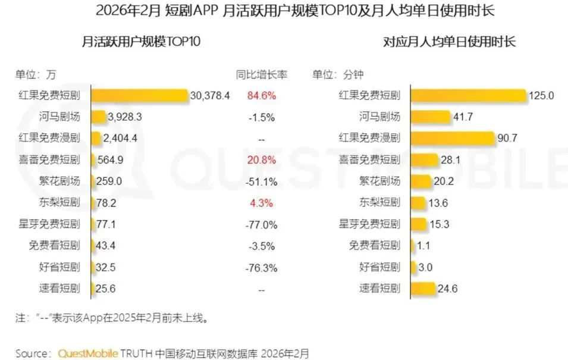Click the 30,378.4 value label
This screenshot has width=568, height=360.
209,96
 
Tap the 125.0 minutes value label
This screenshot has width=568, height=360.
542,96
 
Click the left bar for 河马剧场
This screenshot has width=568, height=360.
98,117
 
